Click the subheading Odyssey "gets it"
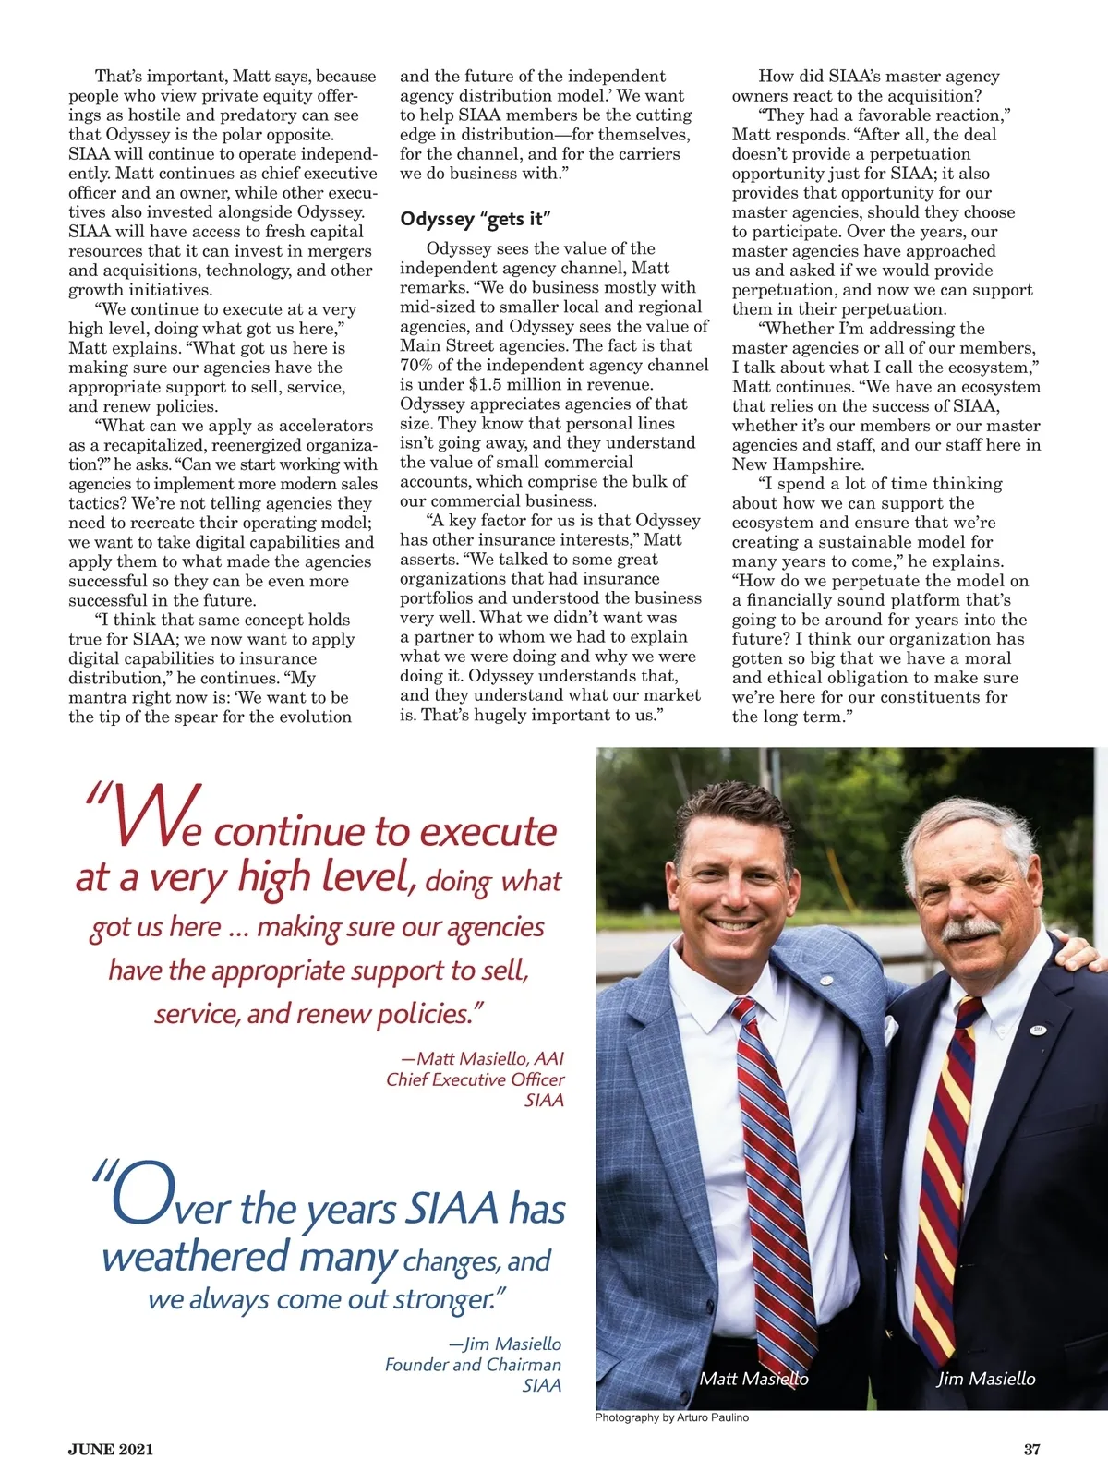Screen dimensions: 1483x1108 [476, 219]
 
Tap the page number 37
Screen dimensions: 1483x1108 [1031, 1449]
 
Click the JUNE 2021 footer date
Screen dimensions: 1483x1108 [111, 1449]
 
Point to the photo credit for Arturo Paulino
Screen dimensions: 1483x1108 [671, 1417]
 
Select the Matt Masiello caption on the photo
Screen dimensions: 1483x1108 [753, 1379]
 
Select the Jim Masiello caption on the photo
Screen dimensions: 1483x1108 [985, 1379]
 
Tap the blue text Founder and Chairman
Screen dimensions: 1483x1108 [473, 1365]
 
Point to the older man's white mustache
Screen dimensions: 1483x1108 [969, 928]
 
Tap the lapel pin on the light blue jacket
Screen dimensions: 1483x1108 [825, 980]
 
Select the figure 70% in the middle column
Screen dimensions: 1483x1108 [416, 365]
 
